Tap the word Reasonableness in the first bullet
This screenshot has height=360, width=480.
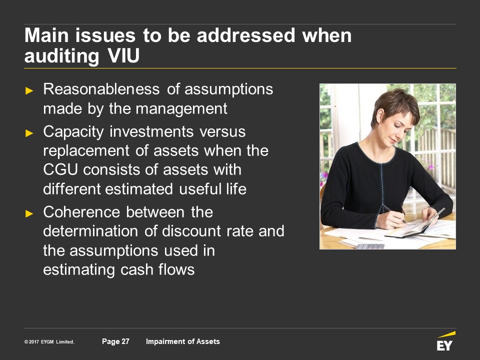(x=101, y=89)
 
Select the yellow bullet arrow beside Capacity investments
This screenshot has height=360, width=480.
(x=29, y=133)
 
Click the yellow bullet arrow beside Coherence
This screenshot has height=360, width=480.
(x=29, y=213)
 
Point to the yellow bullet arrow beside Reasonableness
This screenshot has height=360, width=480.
(x=29, y=90)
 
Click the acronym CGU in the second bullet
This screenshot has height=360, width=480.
(x=60, y=169)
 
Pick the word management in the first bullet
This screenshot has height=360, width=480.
(x=181, y=108)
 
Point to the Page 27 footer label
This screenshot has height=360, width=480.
(x=115, y=341)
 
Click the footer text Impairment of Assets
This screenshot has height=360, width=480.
(x=183, y=341)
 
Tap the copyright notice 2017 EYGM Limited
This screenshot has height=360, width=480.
(x=49, y=341)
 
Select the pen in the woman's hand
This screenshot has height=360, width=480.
(x=393, y=213)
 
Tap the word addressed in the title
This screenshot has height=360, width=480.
(x=246, y=35)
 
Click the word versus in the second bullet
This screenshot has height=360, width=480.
(x=222, y=132)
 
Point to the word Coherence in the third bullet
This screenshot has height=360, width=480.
(x=81, y=212)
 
